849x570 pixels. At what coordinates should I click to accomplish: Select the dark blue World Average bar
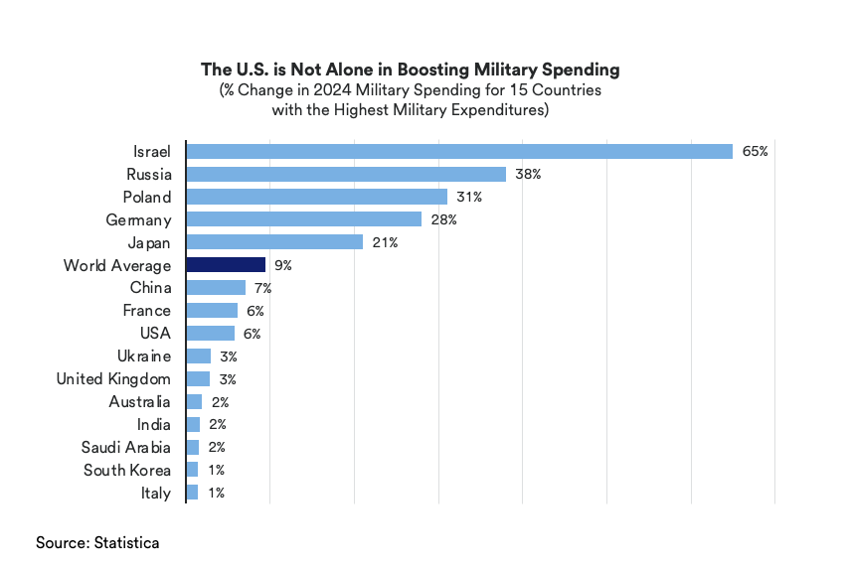pyautogui.click(x=226, y=265)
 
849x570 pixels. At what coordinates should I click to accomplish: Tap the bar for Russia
pyautogui.click(x=346, y=174)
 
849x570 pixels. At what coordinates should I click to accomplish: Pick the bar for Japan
pyautogui.click(x=274, y=242)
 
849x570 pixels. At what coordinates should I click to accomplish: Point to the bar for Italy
pyautogui.click(x=192, y=493)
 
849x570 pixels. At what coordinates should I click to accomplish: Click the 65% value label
pyautogui.click(x=755, y=151)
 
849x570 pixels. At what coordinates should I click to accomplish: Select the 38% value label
pyautogui.click(x=528, y=174)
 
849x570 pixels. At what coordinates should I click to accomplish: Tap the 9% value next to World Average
pyautogui.click(x=282, y=265)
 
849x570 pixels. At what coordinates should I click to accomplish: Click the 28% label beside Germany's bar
pyautogui.click(x=443, y=219)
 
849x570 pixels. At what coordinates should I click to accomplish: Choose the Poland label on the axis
pyautogui.click(x=146, y=197)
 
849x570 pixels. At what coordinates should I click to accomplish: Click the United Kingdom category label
pyautogui.click(x=113, y=379)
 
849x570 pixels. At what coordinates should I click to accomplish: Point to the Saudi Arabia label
pyautogui.click(x=126, y=448)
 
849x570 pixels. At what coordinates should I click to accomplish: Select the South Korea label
pyautogui.click(x=126, y=471)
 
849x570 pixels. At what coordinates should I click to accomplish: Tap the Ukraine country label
pyautogui.click(x=143, y=356)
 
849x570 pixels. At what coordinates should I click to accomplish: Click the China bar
pyautogui.click(x=216, y=288)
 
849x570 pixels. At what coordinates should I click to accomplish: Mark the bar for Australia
pyautogui.click(x=194, y=402)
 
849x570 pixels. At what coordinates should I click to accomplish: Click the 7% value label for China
pyautogui.click(x=262, y=288)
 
